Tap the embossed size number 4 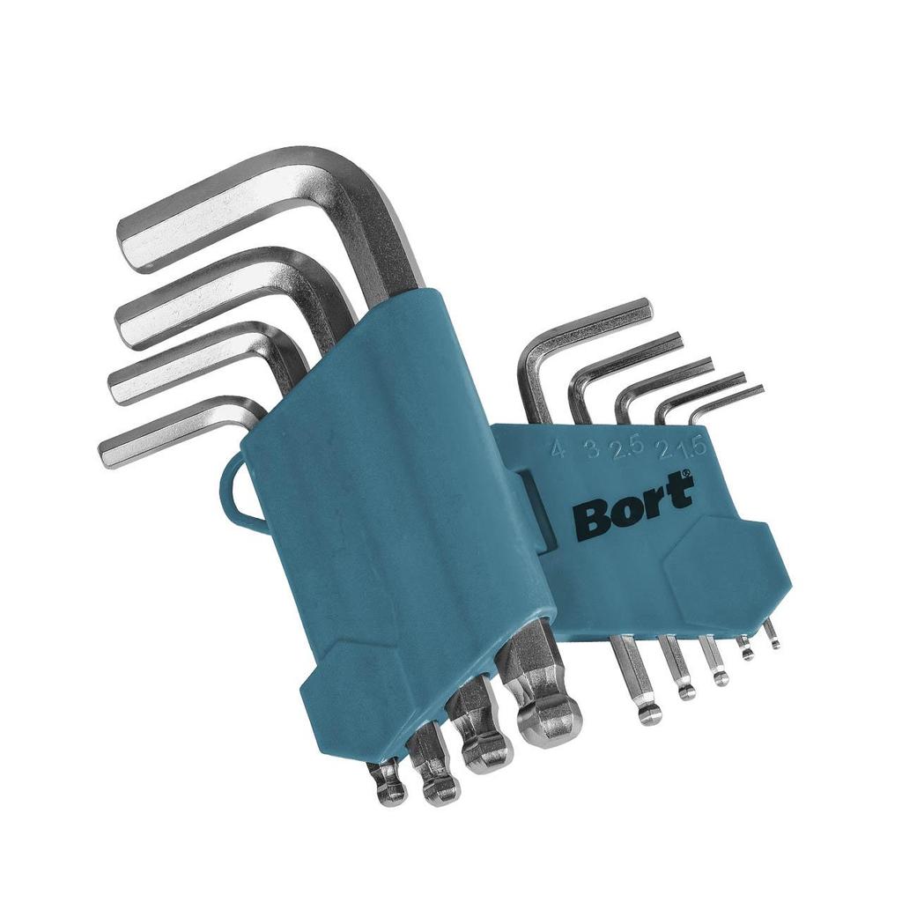tap(557, 451)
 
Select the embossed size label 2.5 tap(626, 449)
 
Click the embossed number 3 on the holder tap(591, 450)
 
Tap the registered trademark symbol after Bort tap(688, 477)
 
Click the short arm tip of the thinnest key tap(758, 389)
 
